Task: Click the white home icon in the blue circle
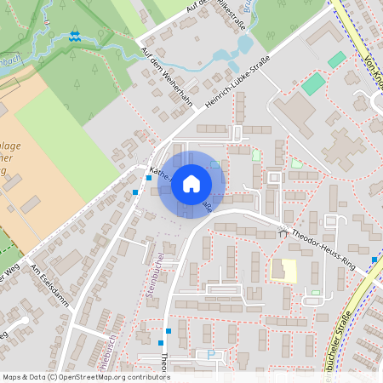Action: point(191,184)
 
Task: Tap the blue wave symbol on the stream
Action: point(76,37)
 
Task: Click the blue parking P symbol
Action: point(212,354)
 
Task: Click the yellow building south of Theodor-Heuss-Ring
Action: point(283,272)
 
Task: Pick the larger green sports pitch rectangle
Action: point(313,83)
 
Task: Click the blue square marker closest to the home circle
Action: point(149,178)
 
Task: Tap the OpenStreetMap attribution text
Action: point(86,376)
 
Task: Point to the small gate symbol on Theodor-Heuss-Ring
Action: point(282,232)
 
